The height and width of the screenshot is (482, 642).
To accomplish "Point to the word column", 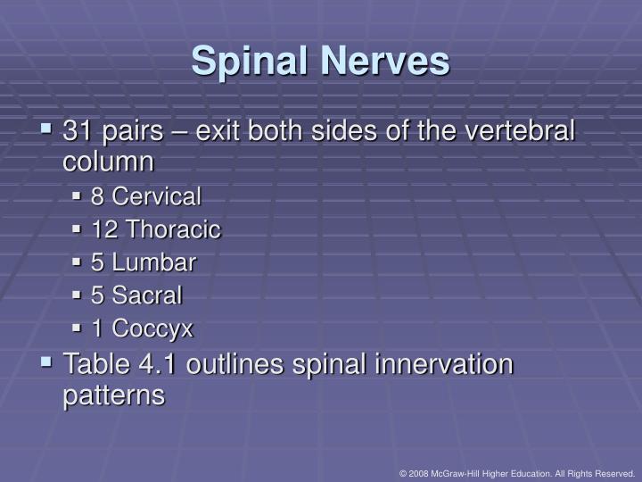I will pyautogui.click(x=108, y=162).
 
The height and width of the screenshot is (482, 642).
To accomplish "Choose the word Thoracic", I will pyautogui.click(x=173, y=229).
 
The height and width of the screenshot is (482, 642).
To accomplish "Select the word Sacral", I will pyautogui.click(x=148, y=295).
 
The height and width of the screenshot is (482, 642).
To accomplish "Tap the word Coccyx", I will pyautogui.click(x=152, y=328).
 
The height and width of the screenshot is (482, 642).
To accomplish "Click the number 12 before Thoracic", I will pyautogui.click(x=105, y=229).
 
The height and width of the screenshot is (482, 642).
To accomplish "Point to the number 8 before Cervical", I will pyautogui.click(x=98, y=196).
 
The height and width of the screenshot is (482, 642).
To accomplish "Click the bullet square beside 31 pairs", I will pyautogui.click(x=46, y=131).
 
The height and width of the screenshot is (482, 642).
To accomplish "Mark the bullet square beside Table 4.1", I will pyautogui.click(x=46, y=362).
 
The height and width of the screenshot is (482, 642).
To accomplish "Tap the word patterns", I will pyautogui.click(x=113, y=395).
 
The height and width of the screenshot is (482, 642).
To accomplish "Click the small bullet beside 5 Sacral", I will pyautogui.click(x=78, y=295).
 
